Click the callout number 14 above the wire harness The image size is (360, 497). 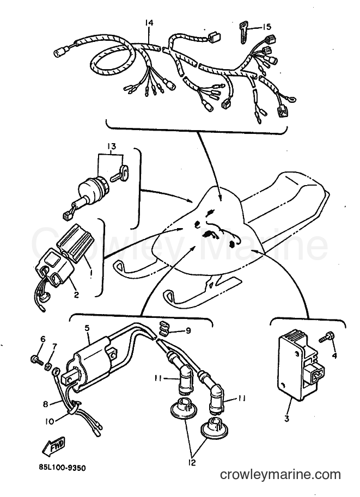point(149,23)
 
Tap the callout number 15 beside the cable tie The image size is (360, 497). point(267,27)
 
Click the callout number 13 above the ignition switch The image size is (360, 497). point(111,146)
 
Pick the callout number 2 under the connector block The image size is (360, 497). point(76,294)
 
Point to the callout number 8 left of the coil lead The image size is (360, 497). point(46,404)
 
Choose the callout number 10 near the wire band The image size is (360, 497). point(50,422)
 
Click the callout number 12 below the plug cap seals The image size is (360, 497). point(192,462)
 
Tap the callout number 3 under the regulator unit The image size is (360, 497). point(286,419)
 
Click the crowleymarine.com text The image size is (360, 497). point(280,475)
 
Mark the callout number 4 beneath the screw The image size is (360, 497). point(334,355)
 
